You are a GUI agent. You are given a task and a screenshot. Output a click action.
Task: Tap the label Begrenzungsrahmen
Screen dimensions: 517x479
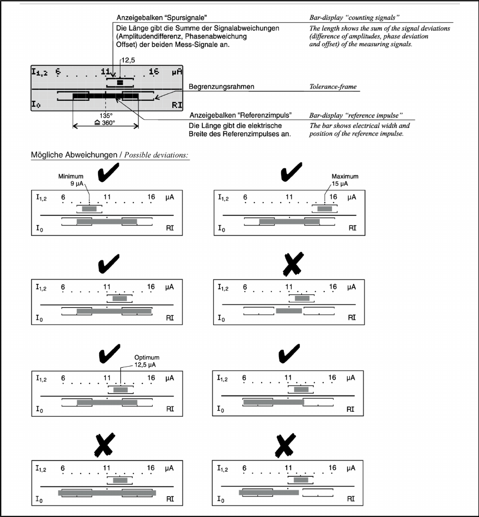(x=222, y=87)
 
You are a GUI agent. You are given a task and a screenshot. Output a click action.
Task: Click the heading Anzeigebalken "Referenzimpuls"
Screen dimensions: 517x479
(x=240, y=115)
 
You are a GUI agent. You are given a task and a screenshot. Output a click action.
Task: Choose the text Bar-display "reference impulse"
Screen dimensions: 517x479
(x=356, y=115)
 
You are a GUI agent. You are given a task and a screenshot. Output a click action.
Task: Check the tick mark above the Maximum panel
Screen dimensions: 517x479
(x=293, y=173)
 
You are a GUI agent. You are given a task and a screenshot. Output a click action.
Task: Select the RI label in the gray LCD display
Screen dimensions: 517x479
(x=176, y=105)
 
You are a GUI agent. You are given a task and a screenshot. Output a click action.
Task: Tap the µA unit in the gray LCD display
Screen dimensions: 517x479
(x=176, y=71)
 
